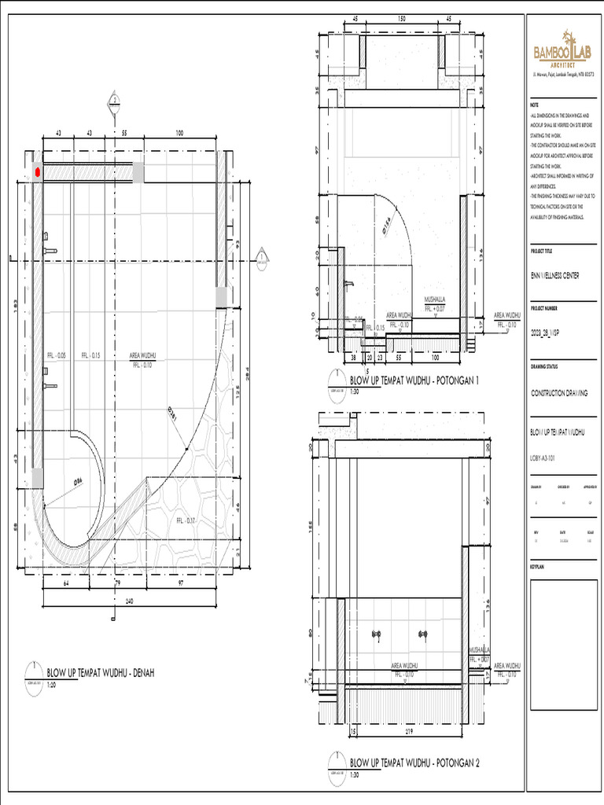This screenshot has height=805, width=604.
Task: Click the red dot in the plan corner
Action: [x=37, y=172]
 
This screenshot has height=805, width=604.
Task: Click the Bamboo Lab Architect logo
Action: [x=562, y=51]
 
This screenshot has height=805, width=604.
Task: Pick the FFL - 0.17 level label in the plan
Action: [x=185, y=520]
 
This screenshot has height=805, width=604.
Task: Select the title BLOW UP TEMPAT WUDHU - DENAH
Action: [x=99, y=674]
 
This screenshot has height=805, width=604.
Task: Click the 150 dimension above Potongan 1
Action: [x=401, y=18]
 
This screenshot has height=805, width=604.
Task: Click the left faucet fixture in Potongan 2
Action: [x=377, y=633]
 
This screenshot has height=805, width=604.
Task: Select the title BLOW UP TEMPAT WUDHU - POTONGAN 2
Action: [x=414, y=763]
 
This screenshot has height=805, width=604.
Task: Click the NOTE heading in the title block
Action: [x=535, y=105]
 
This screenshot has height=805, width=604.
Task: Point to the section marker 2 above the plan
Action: [x=114, y=100]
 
